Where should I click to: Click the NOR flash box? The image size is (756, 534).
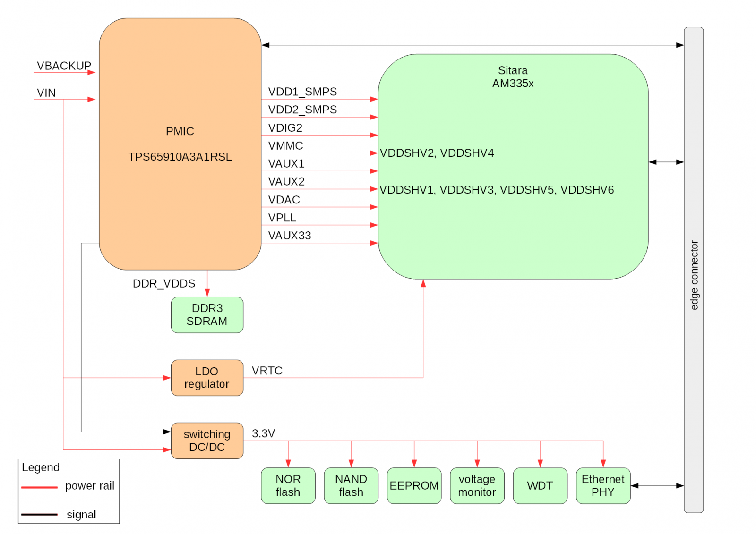(288, 485)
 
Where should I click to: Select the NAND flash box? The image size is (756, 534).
(351, 485)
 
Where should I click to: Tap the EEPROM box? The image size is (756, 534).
(414, 485)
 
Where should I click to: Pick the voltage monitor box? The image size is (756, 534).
(477, 485)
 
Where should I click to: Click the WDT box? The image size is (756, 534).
(540, 485)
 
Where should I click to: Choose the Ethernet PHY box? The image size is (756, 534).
(603, 485)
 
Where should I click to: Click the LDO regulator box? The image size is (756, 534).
(207, 378)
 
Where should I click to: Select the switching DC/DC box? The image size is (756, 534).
(207, 441)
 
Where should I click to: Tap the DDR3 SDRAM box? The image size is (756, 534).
(207, 314)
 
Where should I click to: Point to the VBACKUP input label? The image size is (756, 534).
(64, 66)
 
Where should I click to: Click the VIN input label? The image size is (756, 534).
(46, 93)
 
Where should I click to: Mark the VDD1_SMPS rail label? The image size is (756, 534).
(302, 92)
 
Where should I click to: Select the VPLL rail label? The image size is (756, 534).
(282, 218)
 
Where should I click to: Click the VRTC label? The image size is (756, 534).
(267, 371)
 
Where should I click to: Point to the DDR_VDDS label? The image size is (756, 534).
(163, 283)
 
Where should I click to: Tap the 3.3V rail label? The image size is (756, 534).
(263, 433)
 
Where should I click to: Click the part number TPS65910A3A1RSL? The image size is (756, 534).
(180, 157)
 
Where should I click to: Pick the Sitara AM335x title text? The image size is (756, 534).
(513, 77)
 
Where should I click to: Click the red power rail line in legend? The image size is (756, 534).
(39, 487)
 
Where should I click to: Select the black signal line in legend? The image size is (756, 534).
(39, 515)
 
